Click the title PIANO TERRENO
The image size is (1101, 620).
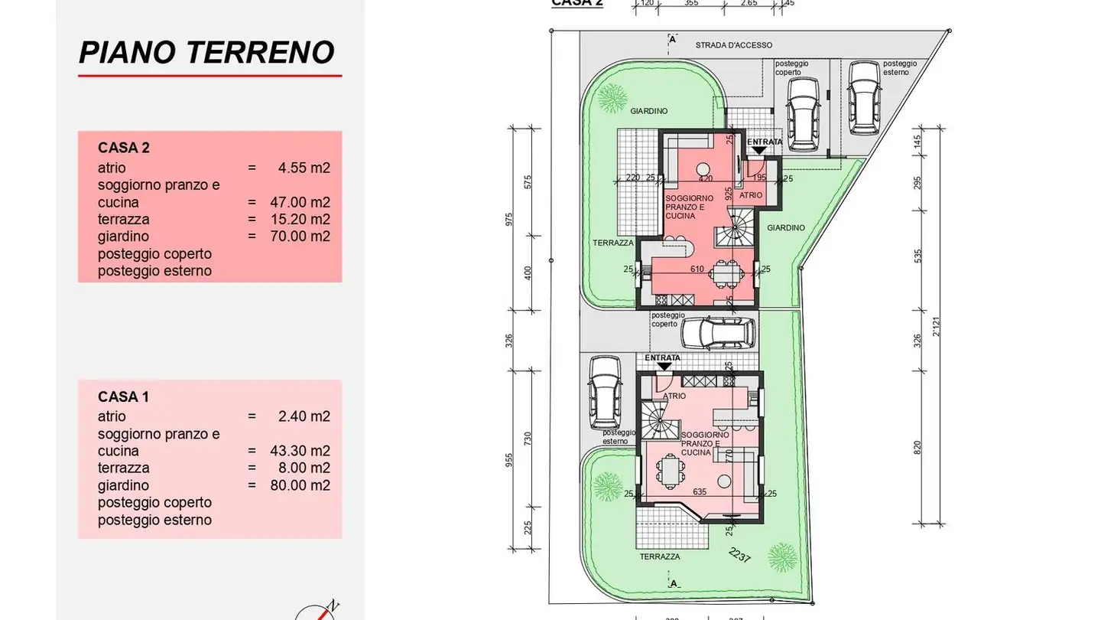206,53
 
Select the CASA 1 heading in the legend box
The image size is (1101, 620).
123,396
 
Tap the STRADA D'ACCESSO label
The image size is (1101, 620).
733,45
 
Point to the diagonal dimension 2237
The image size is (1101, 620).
739,556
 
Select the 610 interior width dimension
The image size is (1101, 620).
697,269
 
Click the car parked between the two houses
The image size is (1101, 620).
717,333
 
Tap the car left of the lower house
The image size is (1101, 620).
602,393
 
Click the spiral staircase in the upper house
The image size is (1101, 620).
740,227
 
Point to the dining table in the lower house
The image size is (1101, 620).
671,471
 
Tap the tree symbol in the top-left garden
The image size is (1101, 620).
612,96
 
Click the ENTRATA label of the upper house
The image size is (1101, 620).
765,142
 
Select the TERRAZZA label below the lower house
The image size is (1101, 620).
660,556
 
